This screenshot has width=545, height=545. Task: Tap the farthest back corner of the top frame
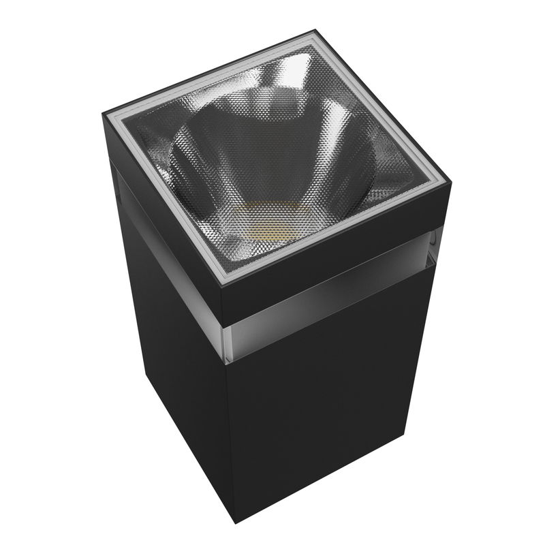[x=317, y=31]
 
